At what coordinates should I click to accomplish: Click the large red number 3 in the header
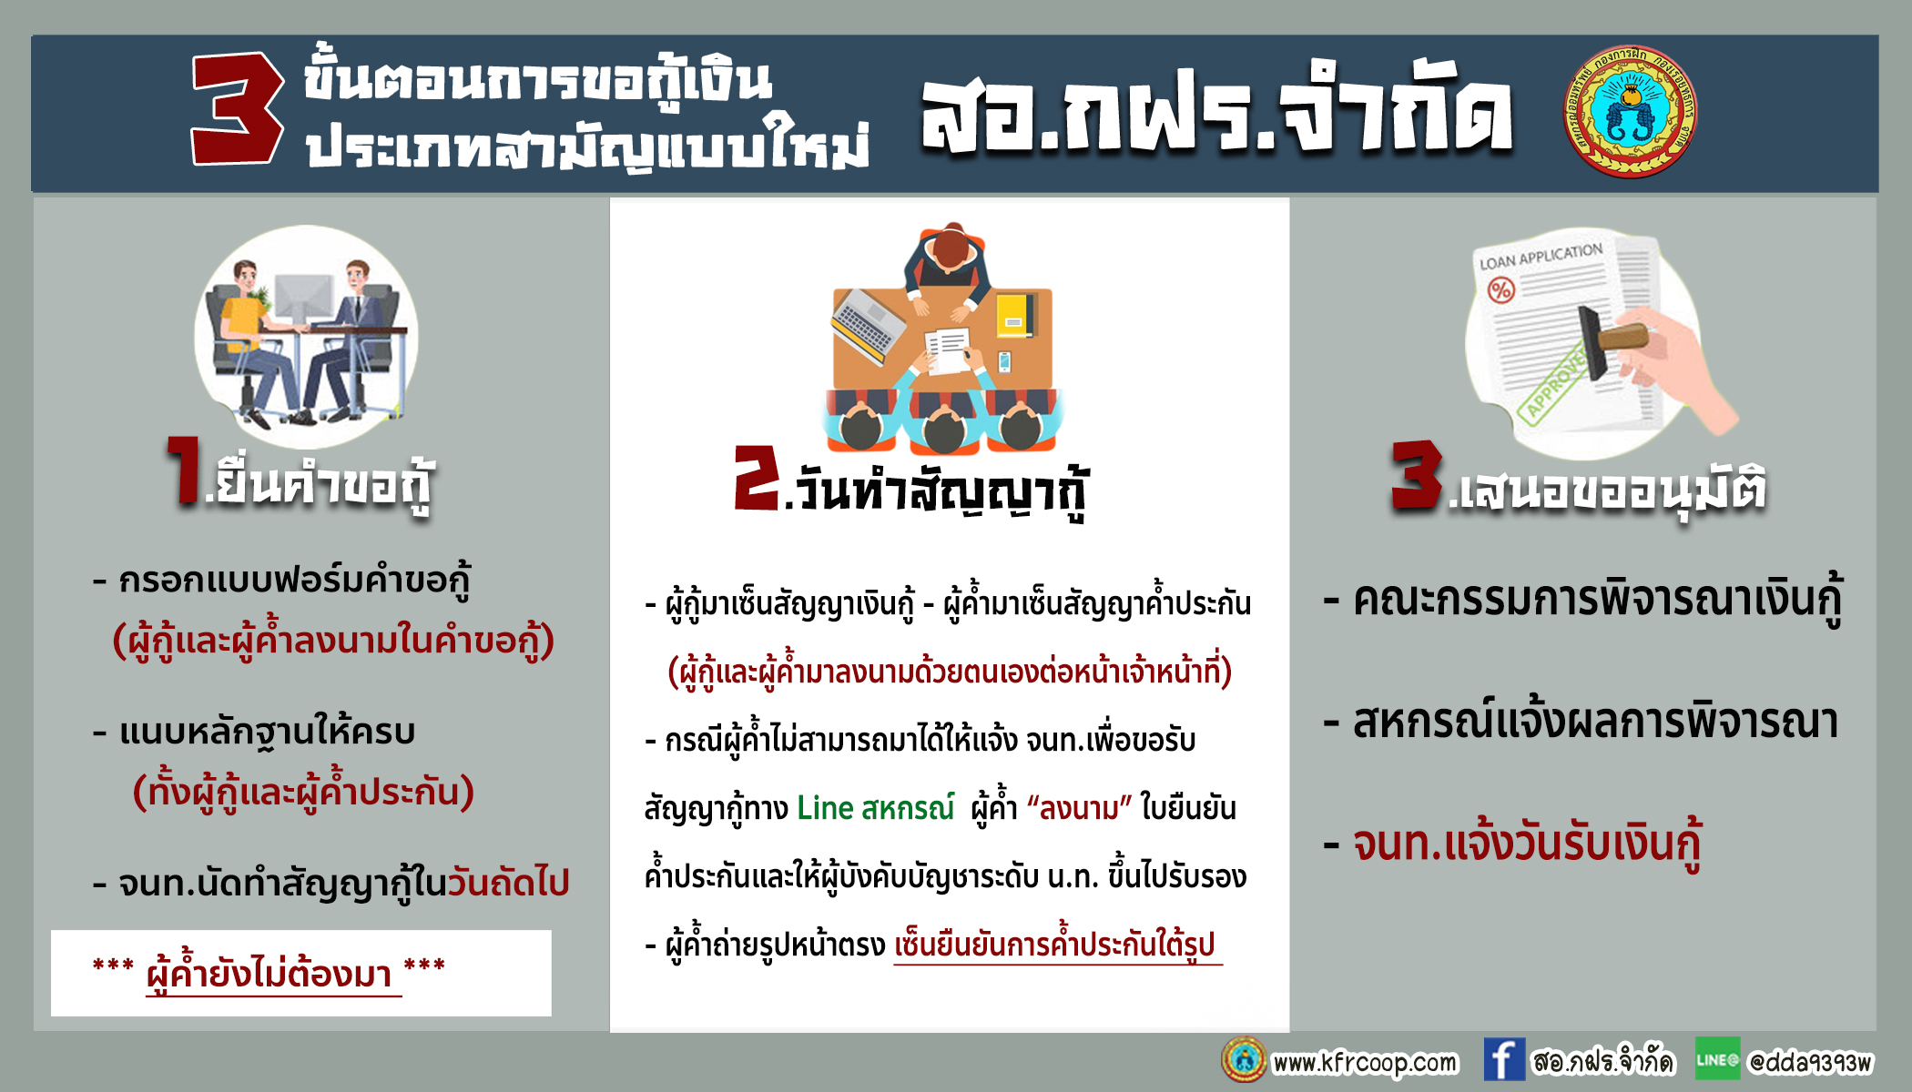tap(237, 108)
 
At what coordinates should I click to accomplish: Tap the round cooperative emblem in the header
tap(1631, 111)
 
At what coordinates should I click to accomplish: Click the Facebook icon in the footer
tap(1504, 1059)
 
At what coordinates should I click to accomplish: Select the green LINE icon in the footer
tap(1717, 1059)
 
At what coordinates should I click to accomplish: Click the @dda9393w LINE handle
tap(1810, 1062)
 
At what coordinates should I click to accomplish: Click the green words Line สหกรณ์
tap(875, 808)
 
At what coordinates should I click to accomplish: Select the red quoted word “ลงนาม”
tap(1079, 808)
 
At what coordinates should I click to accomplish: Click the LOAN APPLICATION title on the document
tap(1541, 257)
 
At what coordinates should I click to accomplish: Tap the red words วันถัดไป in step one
tap(508, 883)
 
